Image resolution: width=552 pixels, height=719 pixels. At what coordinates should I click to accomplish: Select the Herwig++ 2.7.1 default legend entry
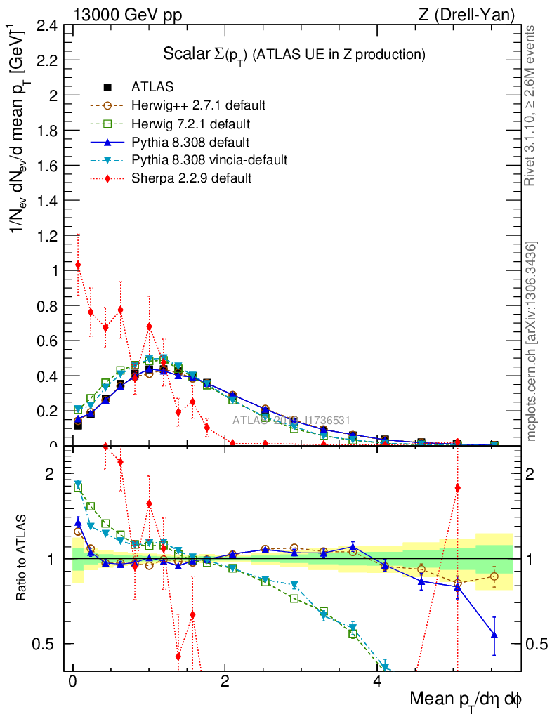[198, 105]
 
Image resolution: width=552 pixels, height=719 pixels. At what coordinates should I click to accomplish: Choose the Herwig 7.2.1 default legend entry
[192, 124]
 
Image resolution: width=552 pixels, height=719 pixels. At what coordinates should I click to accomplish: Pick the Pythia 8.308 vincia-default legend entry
[209, 160]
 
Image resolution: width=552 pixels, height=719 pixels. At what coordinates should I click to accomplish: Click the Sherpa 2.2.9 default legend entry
[191, 178]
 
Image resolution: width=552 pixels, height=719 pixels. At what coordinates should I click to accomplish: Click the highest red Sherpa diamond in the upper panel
[77, 265]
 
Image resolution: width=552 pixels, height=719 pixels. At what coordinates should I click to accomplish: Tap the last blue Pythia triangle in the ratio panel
[494, 635]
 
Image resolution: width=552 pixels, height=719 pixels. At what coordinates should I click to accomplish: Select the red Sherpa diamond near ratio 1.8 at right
[457, 487]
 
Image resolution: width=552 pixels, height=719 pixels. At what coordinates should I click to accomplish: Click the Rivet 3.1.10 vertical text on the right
[531, 105]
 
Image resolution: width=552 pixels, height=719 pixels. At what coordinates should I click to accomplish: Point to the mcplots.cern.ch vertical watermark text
[532, 341]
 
